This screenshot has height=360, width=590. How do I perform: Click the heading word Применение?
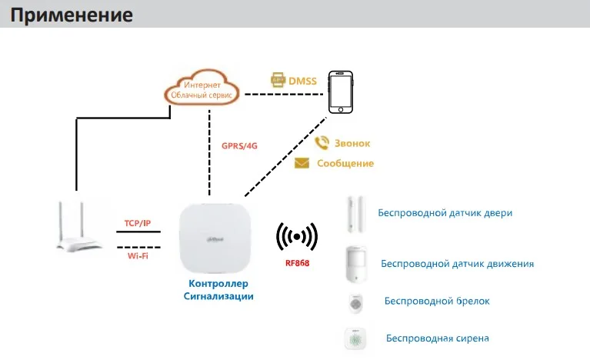point(72,15)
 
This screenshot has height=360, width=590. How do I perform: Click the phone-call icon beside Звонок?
point(322,142)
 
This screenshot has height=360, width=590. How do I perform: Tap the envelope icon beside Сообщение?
point(302,163)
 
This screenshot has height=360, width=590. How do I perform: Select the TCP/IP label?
point(138,223)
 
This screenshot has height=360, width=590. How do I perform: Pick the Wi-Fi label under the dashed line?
point(138,255)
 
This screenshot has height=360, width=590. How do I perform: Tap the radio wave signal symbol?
point(298,239)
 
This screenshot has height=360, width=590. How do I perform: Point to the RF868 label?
point(298,263)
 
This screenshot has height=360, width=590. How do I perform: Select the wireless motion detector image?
point(355,263)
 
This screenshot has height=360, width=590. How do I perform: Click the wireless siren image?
point(355,338)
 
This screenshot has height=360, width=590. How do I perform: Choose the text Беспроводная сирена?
point(437,338)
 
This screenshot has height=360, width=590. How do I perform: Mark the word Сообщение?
point(345,163)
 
